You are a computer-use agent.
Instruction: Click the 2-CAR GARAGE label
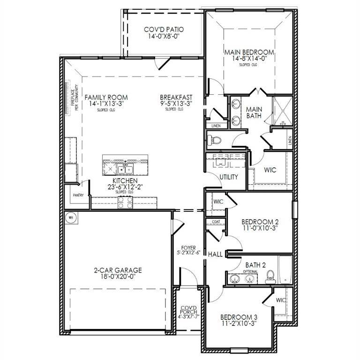118,270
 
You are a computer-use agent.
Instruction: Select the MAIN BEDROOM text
249,52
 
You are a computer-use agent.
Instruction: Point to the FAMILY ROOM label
106,97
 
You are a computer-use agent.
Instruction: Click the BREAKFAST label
176,97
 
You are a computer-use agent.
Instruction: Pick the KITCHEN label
125,180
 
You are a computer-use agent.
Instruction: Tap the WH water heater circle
71,217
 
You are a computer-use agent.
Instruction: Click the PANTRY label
78,195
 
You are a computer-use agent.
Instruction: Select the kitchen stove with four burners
125,202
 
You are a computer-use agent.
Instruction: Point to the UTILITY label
229,177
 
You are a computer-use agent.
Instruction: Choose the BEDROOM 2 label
260,222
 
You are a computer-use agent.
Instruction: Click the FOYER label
188,248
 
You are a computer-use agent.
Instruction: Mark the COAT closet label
216,222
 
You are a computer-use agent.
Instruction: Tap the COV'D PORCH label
188,310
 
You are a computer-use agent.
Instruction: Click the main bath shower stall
283,112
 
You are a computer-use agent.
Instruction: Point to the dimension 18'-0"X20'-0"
118,277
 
